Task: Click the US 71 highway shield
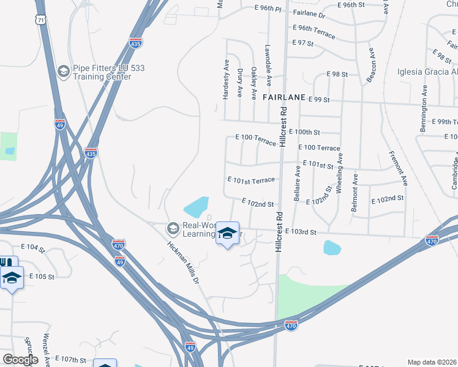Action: point(41,20)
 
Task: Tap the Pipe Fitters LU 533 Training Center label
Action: point(102,72)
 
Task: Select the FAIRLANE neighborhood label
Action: point(283,97)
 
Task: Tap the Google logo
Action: point(20,360)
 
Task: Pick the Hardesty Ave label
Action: point(225,83)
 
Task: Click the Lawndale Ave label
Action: point(268,64)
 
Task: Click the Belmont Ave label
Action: point(355,193)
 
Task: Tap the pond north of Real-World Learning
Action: point(197,207)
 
